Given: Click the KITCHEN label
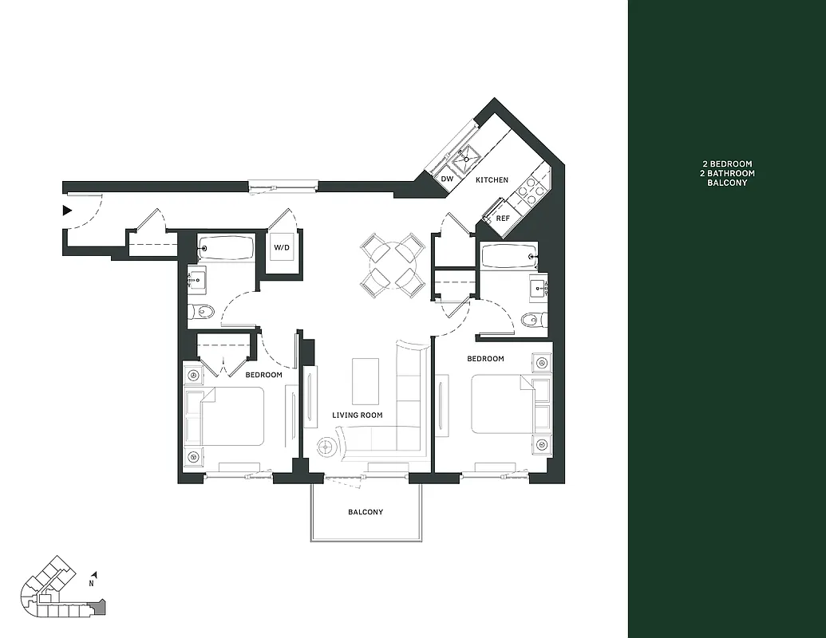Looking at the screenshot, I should (x=492, y=180).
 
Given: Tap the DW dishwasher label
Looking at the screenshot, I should (x=447, y=179).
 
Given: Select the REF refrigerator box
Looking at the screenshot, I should (x=503, y=218).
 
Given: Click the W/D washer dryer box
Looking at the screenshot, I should (x=282, y=247).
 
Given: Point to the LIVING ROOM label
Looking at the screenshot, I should (x=357, y=415).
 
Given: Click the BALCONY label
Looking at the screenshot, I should (x=366, y=512).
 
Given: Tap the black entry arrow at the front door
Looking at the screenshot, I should (x=68, y=211).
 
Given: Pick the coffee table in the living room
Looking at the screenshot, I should (x=366, y=381).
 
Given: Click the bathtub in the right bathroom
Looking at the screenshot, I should (x=509, y=258).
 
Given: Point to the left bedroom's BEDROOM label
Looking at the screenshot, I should (x=263, y=375).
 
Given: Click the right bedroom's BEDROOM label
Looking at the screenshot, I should (x=485, y=359).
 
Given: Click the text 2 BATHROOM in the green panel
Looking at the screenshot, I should (x=726, y=173).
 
